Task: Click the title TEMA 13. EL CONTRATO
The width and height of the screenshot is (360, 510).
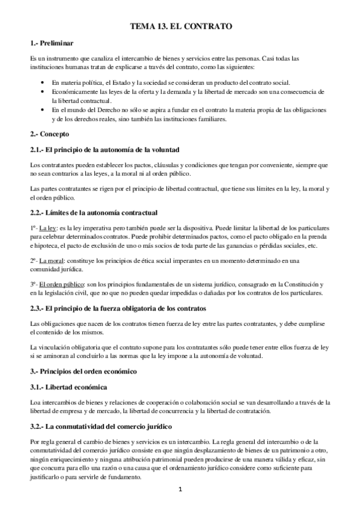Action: pyautogui.click(x=181, y=27)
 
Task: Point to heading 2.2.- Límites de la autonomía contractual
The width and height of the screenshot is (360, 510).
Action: pyautogui.click(x=94, y=212)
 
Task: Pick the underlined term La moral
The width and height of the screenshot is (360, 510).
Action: pyautogui.click(x=52, y=260)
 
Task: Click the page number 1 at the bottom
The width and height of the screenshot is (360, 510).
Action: pyautogui.click(x=180, y=489)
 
